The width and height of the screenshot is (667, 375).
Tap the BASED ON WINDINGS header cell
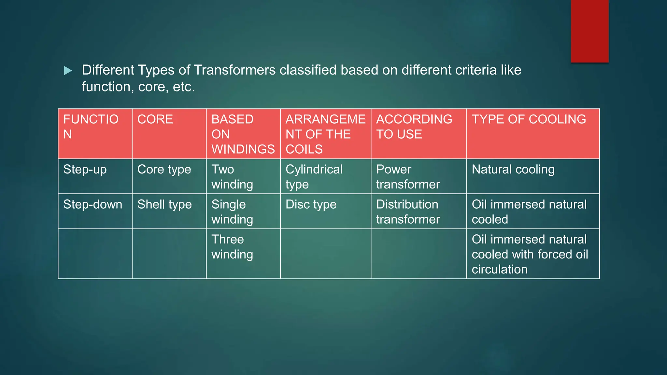click(x=243, y=134)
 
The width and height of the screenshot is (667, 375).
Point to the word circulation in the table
click(x=499, y=270)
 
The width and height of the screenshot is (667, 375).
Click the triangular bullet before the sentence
click(x=68, y=71)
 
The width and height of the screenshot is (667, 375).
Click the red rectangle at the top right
click(x=589, y=31)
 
